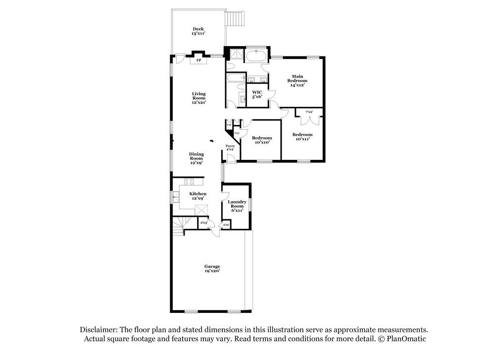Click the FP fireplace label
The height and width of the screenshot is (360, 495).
198,60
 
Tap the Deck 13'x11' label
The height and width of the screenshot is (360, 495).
198,32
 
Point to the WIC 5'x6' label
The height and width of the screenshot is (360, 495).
257,95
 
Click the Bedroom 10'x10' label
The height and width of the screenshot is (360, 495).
261,140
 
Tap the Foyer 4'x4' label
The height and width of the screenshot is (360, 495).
230,148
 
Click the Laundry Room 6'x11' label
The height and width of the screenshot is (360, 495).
237,206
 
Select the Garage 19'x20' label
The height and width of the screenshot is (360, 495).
212,269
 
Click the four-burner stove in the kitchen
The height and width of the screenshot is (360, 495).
190,181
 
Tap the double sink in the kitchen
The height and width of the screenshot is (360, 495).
176,197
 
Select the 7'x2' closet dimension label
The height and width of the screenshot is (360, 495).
309,112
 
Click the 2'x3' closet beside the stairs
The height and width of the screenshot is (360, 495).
203,223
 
